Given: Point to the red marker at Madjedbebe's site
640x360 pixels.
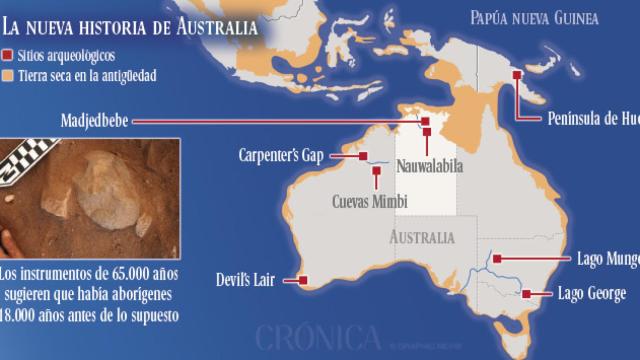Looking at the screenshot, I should [425, 122].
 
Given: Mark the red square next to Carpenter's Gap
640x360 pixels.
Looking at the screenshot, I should [363, 157].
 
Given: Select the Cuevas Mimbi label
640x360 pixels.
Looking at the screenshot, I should [369, 200].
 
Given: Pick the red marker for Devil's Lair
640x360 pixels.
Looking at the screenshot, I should [303, 280].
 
